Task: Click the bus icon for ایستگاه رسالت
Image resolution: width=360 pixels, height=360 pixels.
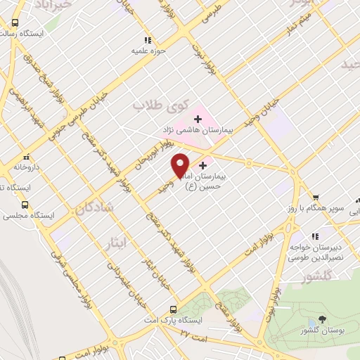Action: point(15,22)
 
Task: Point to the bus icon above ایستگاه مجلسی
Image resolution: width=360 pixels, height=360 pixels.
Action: point(25,205)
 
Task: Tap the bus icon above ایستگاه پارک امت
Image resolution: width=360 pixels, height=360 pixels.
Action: point(174,310)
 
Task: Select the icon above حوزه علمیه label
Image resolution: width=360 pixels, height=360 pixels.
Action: point(147,40)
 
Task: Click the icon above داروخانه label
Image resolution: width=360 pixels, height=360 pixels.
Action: point(27,157)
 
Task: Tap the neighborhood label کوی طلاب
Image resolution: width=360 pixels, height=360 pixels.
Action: point(162,107)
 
